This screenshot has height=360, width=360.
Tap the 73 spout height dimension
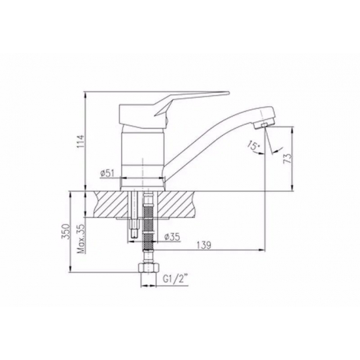[288, 158]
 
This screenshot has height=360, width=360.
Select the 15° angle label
[253, 146]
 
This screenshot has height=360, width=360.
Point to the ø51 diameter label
[107, 173]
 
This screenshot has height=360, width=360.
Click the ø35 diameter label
[172, 237]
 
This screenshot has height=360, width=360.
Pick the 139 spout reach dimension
[204, 245]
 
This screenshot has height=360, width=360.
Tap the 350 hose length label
[65, 231]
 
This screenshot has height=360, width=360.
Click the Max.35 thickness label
[81, 238]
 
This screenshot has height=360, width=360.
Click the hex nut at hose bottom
[149, 268]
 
